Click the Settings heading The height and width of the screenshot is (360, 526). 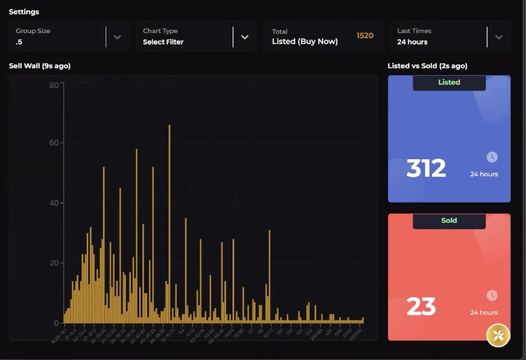(24, 12)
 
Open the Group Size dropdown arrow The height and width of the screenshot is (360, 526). (117, 37)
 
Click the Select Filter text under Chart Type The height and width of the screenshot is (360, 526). (163, 42)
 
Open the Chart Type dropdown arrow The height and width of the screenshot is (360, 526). (244, 37)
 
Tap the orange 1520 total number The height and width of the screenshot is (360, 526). (365, 36)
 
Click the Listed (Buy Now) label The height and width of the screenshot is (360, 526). (304, 42)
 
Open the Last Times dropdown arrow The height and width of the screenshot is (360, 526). (498, 37)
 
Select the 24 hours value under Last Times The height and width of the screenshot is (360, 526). (412, 42)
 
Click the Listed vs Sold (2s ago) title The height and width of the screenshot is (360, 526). (427, 66)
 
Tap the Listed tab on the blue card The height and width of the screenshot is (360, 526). (449, 82)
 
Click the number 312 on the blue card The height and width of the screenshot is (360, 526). (426, 168)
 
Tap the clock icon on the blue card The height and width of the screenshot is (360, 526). (492, 157)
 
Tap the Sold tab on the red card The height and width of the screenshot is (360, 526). (449, 221)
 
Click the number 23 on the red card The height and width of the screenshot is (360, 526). (420, 306)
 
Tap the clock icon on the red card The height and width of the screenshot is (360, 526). (492, 295)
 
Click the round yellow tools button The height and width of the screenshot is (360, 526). (498, 335)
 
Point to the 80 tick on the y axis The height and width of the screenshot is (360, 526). (54, 84)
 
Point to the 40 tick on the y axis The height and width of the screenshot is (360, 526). (54, 203)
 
